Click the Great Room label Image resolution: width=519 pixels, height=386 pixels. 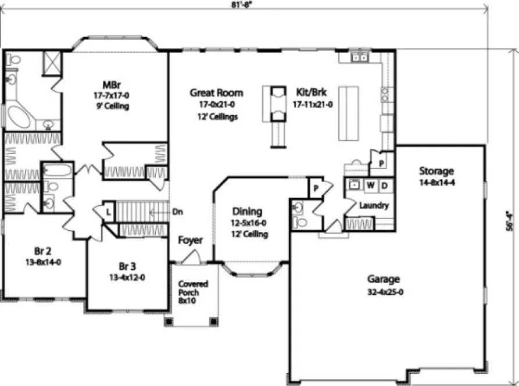click(216, 93)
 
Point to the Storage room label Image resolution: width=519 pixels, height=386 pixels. click(436, 171)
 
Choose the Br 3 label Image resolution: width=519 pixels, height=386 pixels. click(127, 266)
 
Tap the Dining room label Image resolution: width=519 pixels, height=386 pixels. click(247, 212)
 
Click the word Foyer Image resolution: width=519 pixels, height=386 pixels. click(190, 240)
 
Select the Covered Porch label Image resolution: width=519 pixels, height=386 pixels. click(193, 284)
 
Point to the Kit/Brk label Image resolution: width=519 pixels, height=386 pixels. click(310, 93)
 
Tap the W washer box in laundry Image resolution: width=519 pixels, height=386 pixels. click(370, 185)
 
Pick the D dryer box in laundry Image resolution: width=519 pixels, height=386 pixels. click(385, 185)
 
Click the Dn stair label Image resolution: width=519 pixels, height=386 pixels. click(178, 212)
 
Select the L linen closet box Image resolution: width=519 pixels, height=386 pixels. click(108, 212)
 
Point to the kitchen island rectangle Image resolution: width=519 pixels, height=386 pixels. click(348, 113)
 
